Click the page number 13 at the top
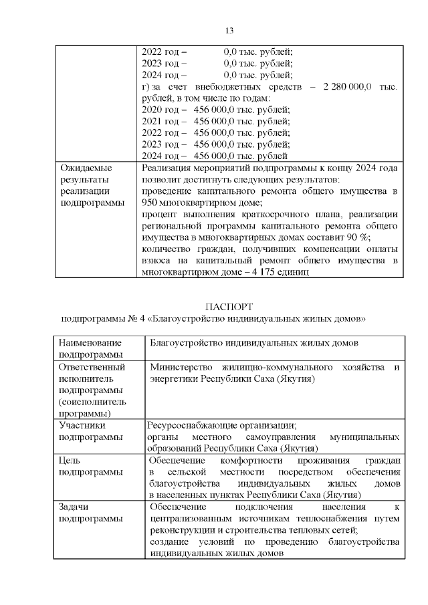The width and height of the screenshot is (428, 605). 229,31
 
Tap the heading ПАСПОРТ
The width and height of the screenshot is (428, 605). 229,307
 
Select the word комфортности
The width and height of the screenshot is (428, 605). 256,461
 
